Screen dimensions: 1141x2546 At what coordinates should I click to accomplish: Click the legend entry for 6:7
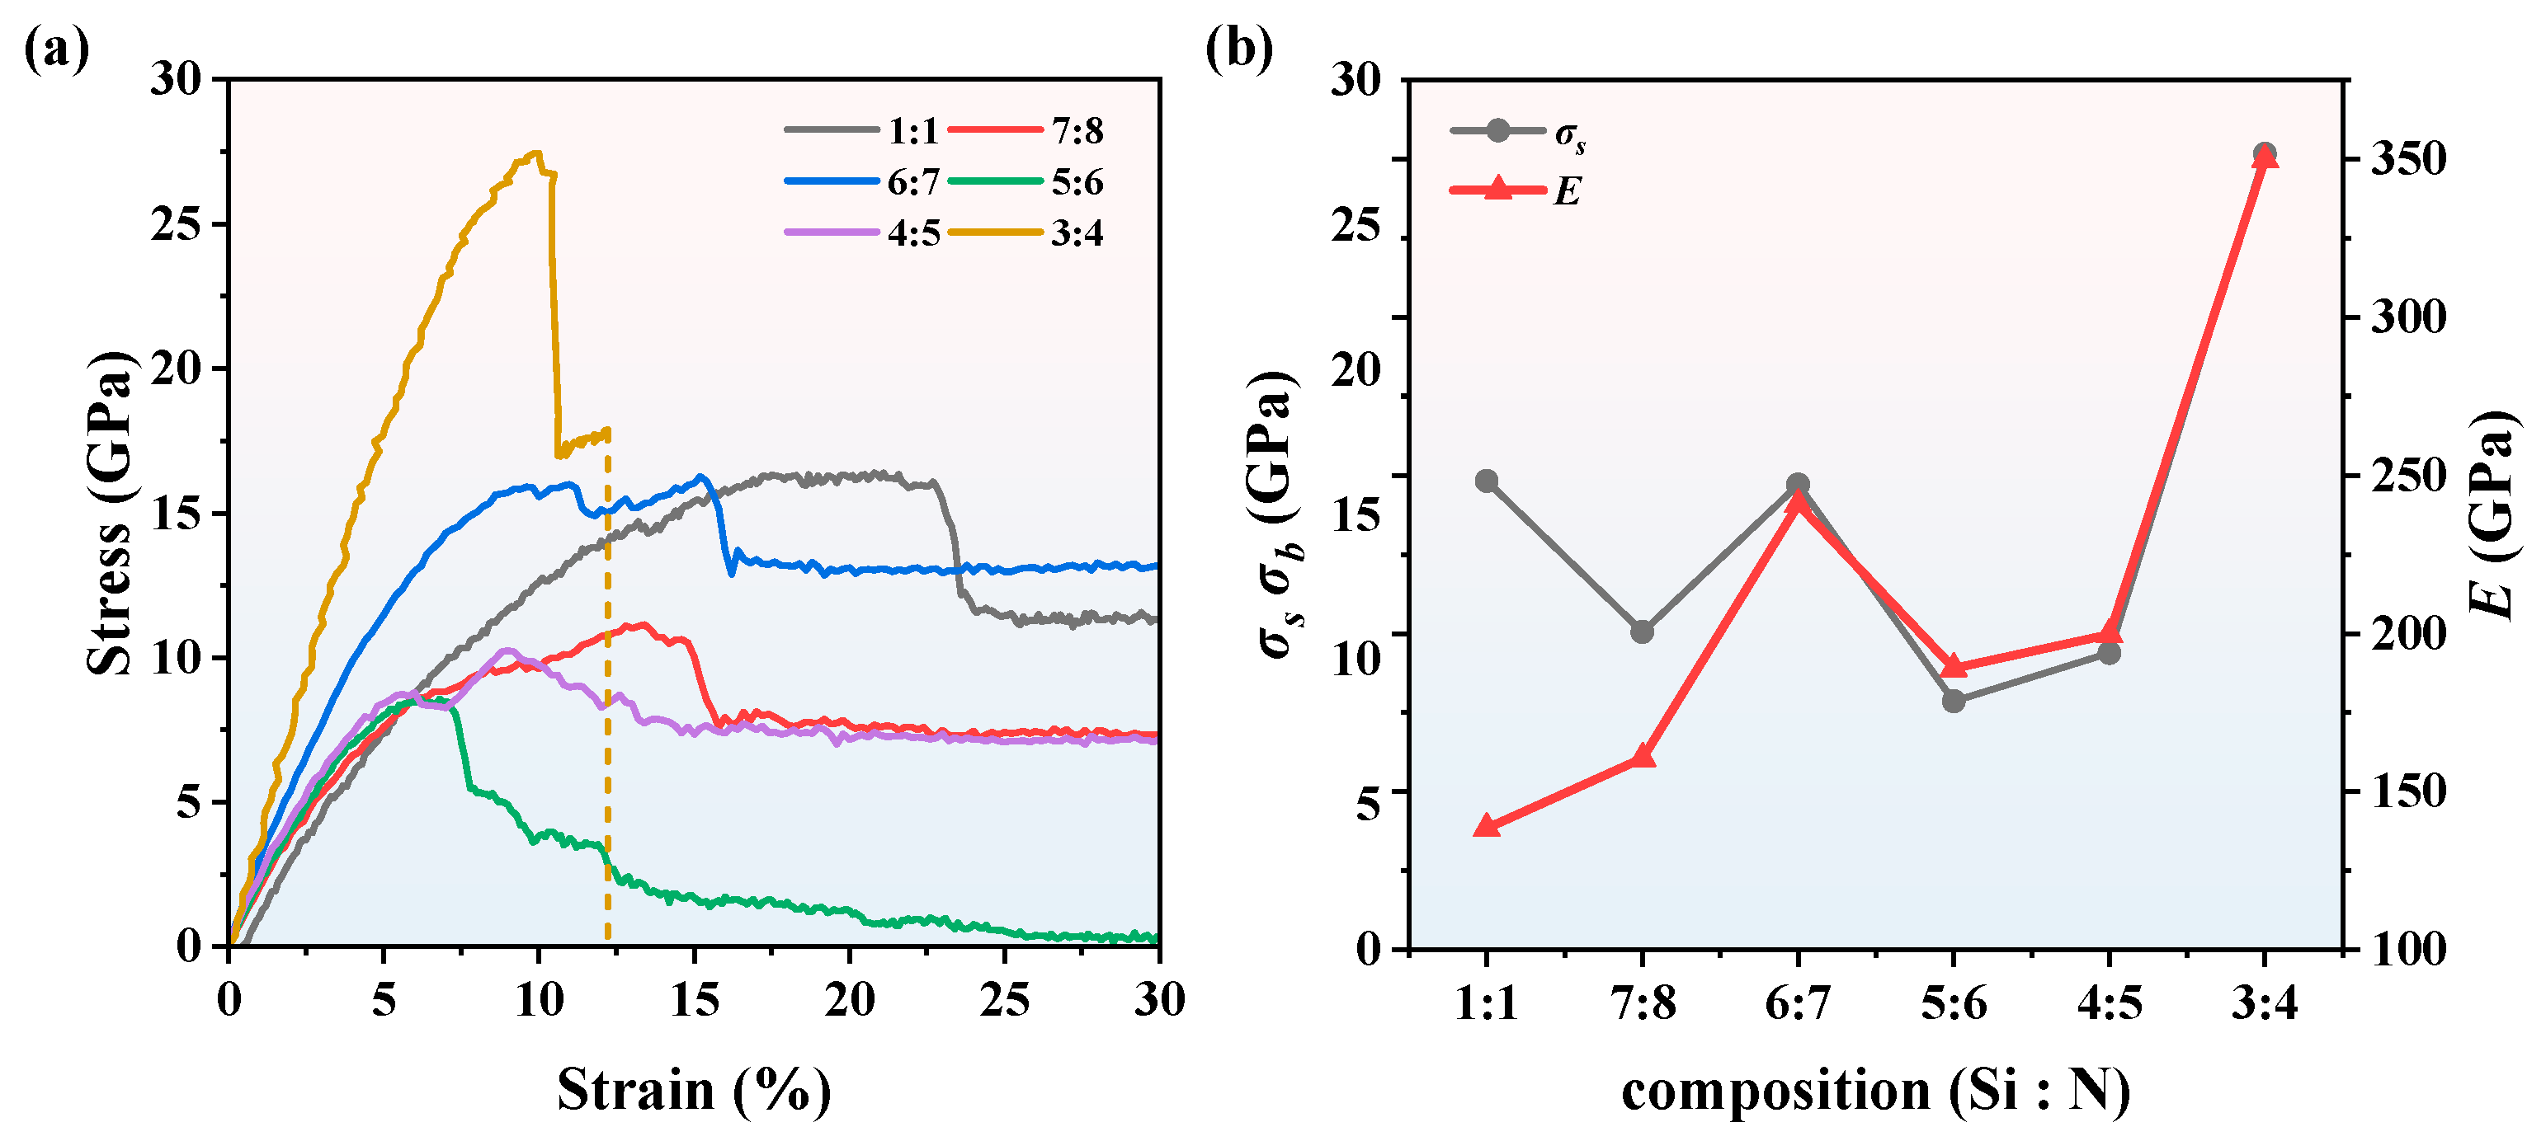pyautogui.click(x=912, y=181)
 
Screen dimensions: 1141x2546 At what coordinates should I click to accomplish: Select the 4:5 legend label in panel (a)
pyautogui.click(x=912, y=233)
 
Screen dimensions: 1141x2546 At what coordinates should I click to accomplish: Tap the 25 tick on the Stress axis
pyautogui.click(x=175, y=225)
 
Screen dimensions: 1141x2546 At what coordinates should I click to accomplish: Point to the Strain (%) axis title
pyautogui.click(x=694, y=1090)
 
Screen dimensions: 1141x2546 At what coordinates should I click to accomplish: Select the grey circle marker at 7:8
pyautogui.click(x=1642, y=632)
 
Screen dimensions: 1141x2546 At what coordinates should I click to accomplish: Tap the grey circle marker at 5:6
pyautogui.click(x=1953, y=701)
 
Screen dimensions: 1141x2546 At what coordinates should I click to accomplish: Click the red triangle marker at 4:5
pyautogui.click(x=2109, y=634)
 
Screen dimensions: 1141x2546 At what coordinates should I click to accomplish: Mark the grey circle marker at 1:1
pyautogui.click(x=1487, y=481)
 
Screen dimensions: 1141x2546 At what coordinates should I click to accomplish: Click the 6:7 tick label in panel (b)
pyautogui.click(x=1797, y=1003)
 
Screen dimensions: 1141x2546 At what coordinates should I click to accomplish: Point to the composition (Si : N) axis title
pyautogui.click(x=1875, y=1091)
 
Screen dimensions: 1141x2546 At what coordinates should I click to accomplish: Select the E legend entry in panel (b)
pyautogui.click(x=1567, y=190)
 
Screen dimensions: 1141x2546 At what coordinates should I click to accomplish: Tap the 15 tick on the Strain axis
pyautogui.click(x=694, y=1001)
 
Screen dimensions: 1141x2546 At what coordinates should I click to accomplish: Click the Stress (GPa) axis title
pyautogui.click(x=109, y=514)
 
